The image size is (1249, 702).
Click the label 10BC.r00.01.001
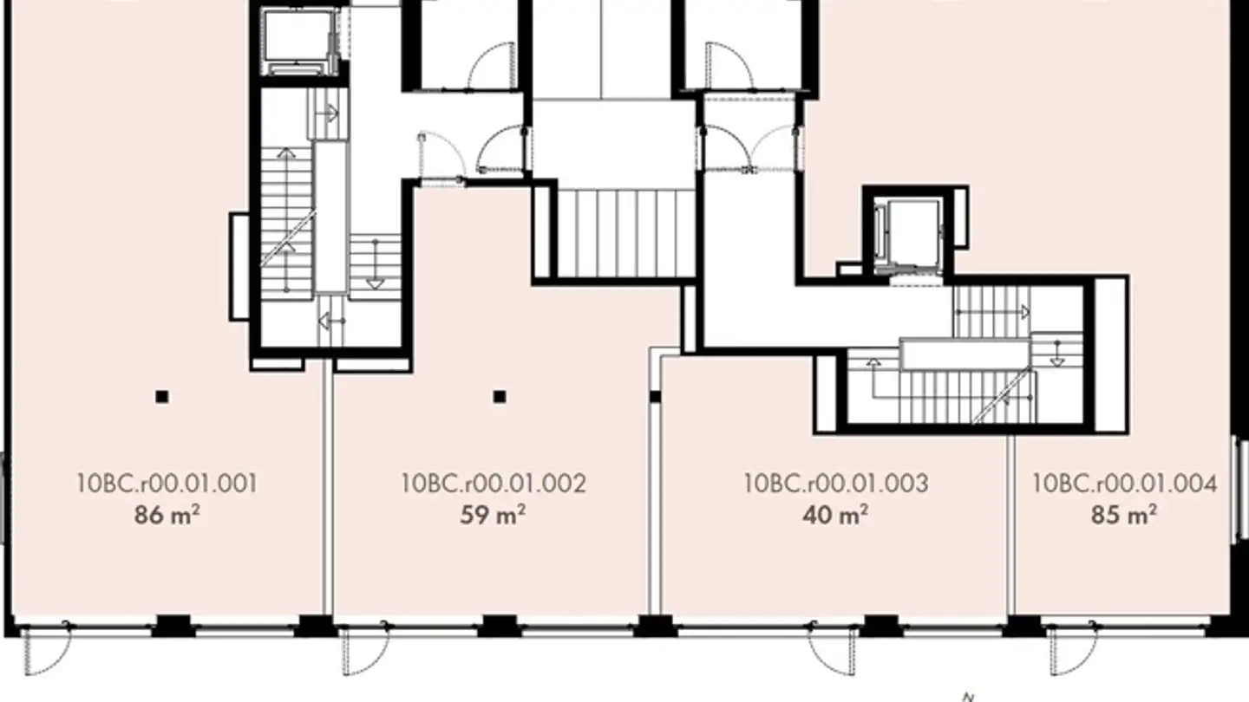(167, 483)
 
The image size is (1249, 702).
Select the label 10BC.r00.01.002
(493, 483)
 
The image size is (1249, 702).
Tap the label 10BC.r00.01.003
(835, 483)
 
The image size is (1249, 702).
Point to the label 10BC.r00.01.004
(1124, 483)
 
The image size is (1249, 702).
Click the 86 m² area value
(167, 516)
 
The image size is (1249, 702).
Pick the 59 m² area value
(493, 516)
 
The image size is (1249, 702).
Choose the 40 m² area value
(835, 516)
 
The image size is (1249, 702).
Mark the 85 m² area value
(1124, 516)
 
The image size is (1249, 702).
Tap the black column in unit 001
(161, 397)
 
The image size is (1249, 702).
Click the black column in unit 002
(500, 397)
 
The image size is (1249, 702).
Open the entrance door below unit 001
(45, 651)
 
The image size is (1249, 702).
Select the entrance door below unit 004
(1072, 651)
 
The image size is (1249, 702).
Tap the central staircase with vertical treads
(624, 234)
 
